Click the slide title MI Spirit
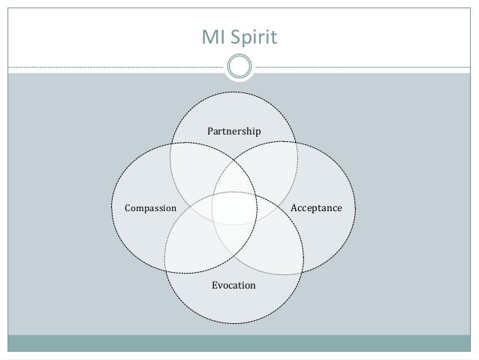239,35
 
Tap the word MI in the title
217,35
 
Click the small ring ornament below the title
239,66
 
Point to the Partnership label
233,132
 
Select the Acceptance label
316,207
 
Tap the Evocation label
233,286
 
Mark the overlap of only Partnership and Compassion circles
191,162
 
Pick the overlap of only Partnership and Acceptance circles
278,162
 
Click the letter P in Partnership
209,132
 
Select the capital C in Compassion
127,207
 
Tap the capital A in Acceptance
294,207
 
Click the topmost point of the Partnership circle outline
234,91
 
